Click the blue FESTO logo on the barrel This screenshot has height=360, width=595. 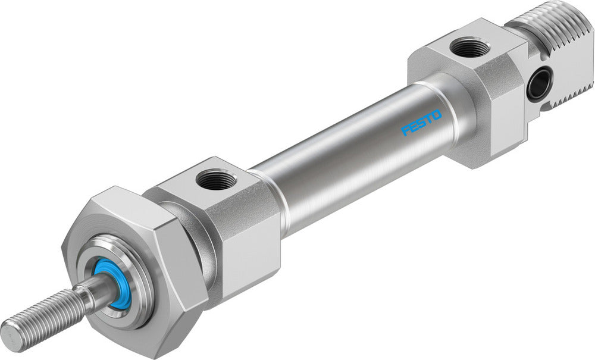point(421,121)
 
